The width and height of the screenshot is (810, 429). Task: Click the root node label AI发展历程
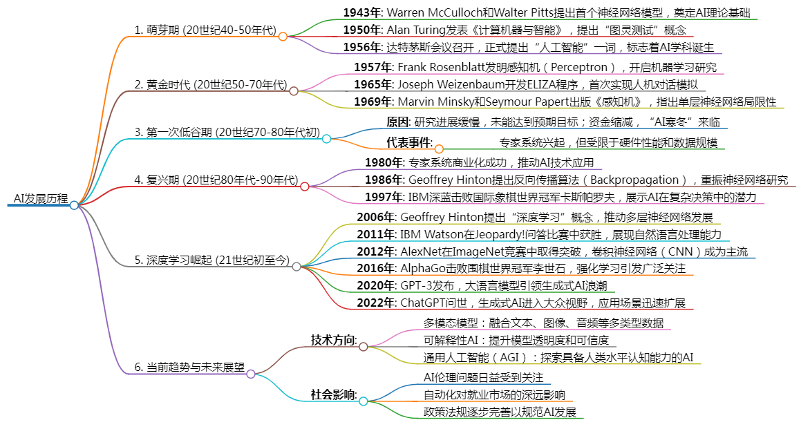(x=41, y=199)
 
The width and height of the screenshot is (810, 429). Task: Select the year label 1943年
(x=362, y=13)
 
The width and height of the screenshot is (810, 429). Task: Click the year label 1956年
(x=362, y=48)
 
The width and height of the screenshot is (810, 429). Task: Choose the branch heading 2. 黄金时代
(x=162, y=84)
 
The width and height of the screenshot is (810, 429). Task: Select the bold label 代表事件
(x=409, y=142)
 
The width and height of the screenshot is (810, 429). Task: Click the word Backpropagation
(x=634, y=180)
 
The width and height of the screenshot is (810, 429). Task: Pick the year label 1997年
(x=384, y=197)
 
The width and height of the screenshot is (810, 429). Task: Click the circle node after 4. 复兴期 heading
(x=305, y=187)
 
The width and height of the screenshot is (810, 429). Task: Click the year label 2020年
(x=375, y=286)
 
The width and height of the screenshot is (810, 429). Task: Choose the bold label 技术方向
(x=333, y=340)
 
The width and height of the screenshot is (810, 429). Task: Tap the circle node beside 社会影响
(x=364, y=401)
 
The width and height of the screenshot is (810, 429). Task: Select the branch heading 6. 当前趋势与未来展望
(x=189, y=368)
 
